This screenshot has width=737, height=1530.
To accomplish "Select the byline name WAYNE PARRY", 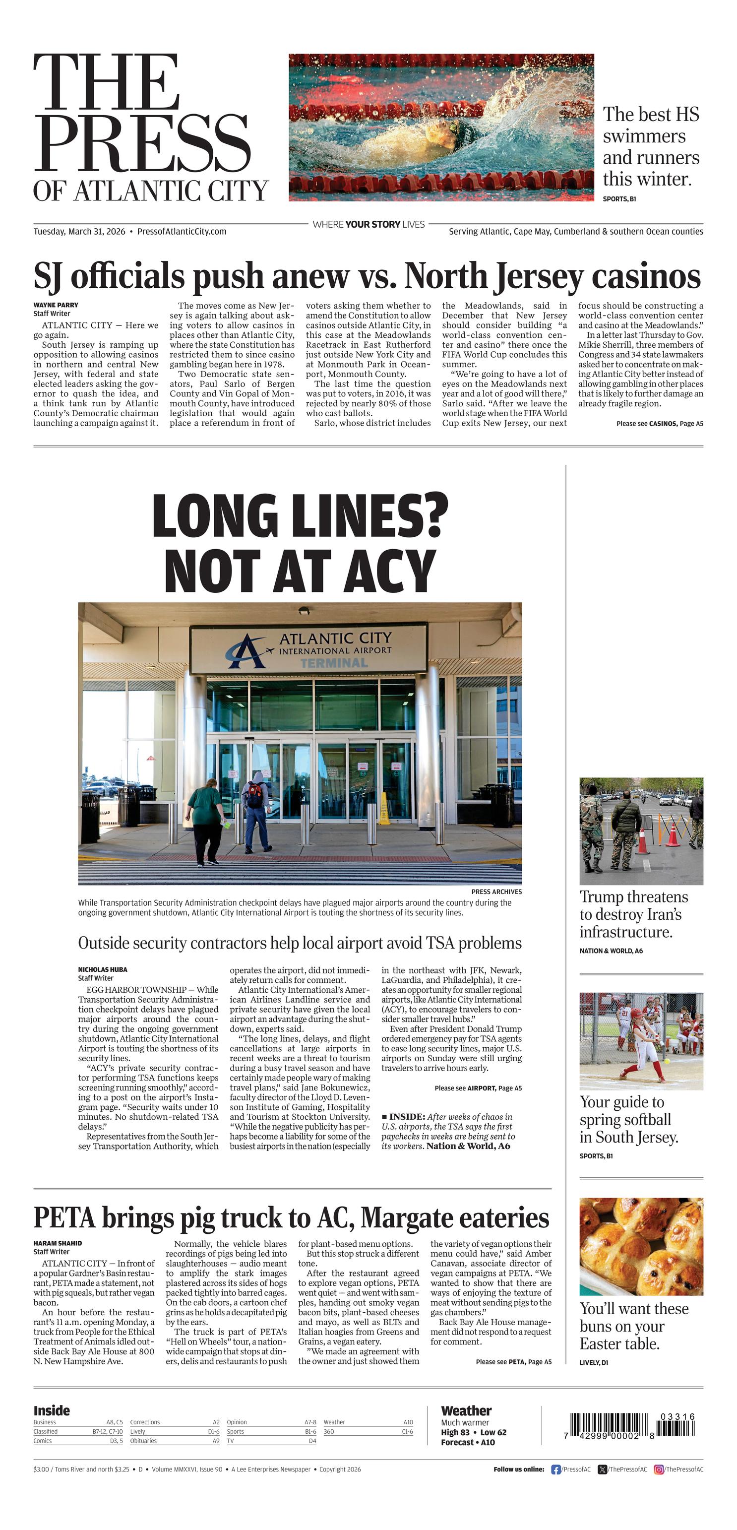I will pyautogui.click(x=56, y=305).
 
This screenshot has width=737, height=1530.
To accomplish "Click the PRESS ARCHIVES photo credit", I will pyautogui.click(x=496, y=892).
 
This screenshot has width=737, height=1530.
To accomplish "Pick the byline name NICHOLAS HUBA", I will pyautogui.click(x=103, y=969).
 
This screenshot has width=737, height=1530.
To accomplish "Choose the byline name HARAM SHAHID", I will pyautogui.click(x=58, y=1243).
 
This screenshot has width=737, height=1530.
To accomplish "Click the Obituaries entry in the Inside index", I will pyautogui.click(x=143, y=1441).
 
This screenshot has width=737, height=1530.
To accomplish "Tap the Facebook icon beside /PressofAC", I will pyautogui.click(x=556, y=1469).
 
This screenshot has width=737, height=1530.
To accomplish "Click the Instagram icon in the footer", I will pyautogui.click(x=659, y=1469).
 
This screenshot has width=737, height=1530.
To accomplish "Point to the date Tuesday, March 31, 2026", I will pyautogui.click(x=79, y=232).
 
